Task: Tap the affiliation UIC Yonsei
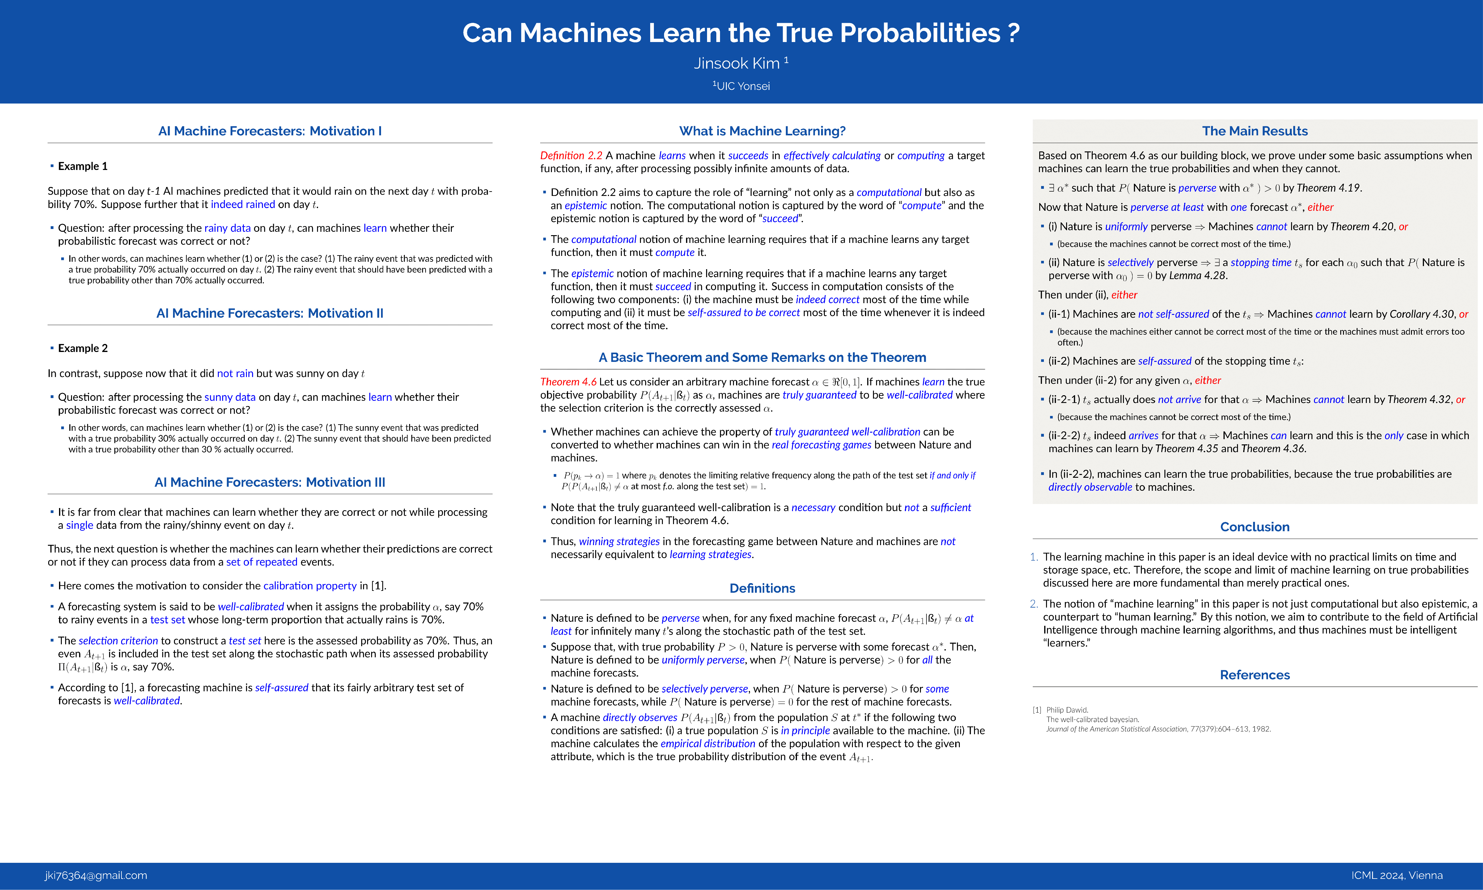click(742, 86)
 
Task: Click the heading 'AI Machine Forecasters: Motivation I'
click(270, 131)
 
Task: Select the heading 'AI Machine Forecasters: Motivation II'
click(270, 313)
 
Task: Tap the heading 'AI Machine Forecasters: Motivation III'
click(270, 482)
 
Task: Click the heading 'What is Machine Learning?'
click(762, 131)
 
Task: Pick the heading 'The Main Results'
click(1255, 131)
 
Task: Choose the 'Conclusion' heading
click(1255, 527)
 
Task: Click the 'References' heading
click(1255, 675)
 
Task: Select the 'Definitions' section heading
click(762, 588)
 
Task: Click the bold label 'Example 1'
click(83, 166)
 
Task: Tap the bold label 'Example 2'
click(83, 349)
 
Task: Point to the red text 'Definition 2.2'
click(571, 155)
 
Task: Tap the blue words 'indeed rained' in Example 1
click(243, 205)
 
